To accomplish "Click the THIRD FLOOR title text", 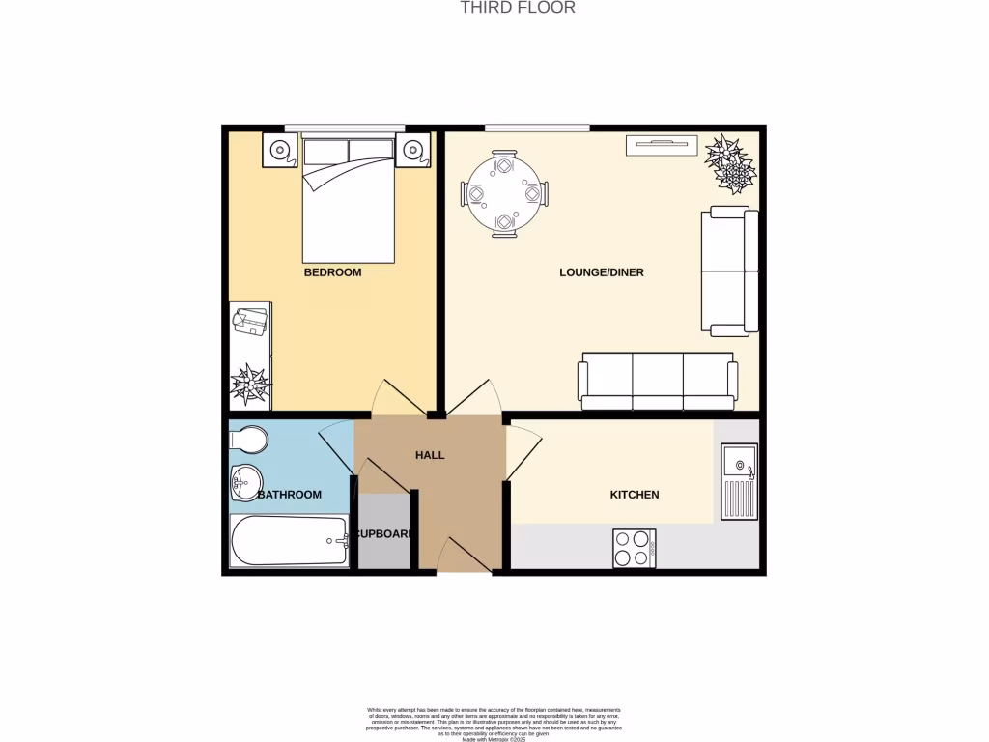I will click(x=517, y=8).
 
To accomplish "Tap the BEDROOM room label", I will click(x=332, y=272).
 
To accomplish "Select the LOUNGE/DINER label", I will click(x=601, y=272).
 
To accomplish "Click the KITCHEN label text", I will click(x=634, y=495).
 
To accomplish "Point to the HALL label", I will click(x=430, y=455).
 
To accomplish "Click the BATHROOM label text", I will click(x=289, y=495).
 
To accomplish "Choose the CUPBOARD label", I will click(x=384, y=533).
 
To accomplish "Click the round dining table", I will click(x=504, y=194).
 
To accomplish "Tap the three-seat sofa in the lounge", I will click(x=658, y=381).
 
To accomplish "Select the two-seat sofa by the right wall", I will click(x=729, y=271).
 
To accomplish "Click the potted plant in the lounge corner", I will click(x=731, y=164).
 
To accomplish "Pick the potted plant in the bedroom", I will click(x=250, y=384).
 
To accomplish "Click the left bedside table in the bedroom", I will click(x=281, y=150).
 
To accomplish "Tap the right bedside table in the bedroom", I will click(x=412, y=150).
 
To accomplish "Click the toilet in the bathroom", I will click(x=248, y=441).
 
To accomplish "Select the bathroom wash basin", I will click(x=246, y=480).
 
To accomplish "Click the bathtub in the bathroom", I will click(x=289, y=541).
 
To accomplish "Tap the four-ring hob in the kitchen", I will click(x=634, y=549).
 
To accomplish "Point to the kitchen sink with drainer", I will click(x=740, y=481).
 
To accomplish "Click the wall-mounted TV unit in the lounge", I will click(x=661, y=145).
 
